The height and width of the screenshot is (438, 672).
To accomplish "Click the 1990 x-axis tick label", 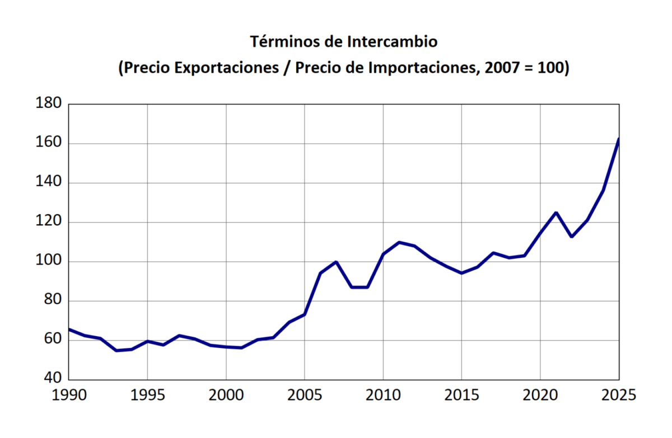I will (69, 395).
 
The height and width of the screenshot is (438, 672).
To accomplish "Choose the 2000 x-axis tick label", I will (226, 395).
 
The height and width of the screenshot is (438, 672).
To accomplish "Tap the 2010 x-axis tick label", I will (384, 395).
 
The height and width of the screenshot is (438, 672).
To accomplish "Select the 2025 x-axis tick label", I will (618, 395).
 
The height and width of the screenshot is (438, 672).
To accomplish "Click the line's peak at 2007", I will (336, 262).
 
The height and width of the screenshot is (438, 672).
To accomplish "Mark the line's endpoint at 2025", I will (618, 139).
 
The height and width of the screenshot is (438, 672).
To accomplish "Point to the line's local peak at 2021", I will (556, 213).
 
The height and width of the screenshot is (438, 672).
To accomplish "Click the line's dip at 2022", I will (572, 237).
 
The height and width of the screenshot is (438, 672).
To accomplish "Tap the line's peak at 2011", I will (399, 242).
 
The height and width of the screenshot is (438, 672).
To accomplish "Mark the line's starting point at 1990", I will (69, 329).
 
